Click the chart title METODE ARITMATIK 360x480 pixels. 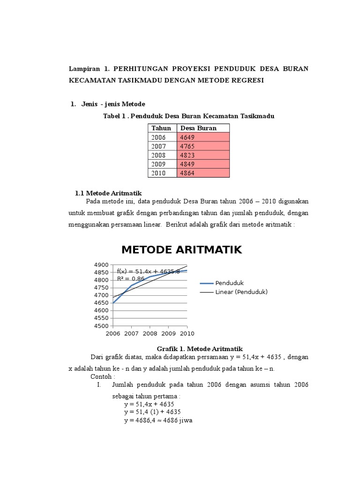[181, 250]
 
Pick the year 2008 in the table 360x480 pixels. [158, 155]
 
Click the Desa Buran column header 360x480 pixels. [198, 128]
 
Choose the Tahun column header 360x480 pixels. [161, 128]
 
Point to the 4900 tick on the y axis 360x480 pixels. [101, 265]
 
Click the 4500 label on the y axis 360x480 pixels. [101, 326]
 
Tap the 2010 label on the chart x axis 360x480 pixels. [187, 333]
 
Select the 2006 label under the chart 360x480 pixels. [113, 333]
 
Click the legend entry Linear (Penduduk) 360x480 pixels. [241, 292]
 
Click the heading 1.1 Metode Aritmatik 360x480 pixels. [108, 193]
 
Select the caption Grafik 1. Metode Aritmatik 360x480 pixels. [199, 348]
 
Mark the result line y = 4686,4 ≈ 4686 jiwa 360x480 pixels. [158, 420]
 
